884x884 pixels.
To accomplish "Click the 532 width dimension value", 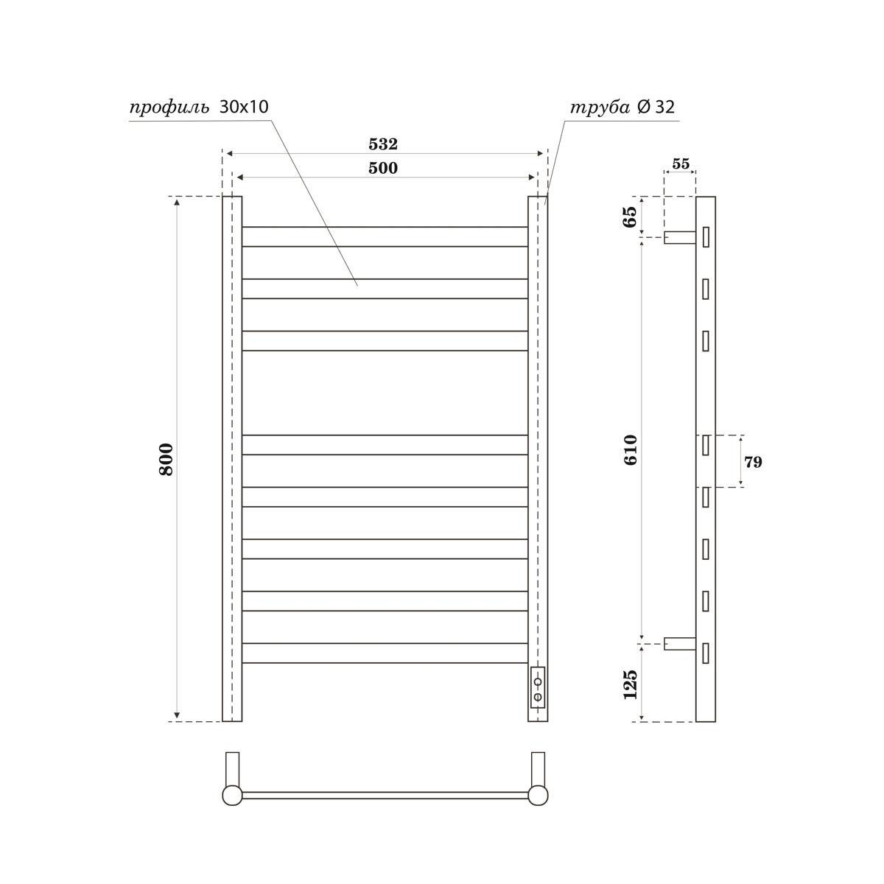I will click(383, 144).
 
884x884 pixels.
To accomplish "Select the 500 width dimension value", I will click(383, 168).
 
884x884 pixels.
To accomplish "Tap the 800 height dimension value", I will click(166, 459).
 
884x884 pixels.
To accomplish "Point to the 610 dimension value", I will click(631, 449).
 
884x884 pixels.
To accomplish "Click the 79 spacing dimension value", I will click(753, 463).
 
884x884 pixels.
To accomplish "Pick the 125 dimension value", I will click(631, 684).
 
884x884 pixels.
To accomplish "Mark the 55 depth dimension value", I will click(681, 164).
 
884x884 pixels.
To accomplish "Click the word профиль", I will click(169, 108).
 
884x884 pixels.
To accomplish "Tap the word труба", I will click(600, 108).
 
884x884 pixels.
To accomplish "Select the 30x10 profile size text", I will click(244, 107).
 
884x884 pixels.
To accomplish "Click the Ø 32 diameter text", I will click(655, 108).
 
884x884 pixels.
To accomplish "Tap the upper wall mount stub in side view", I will click(679, 237).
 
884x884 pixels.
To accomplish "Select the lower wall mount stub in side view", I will click(679, 643).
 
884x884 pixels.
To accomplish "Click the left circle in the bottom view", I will click(232, 796).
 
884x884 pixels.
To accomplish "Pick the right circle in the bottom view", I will click(538, 796).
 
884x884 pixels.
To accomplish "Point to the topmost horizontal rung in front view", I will click(385, 236).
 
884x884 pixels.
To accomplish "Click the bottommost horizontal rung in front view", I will click(385, 653).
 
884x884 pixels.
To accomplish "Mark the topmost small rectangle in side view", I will click(706, 237).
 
